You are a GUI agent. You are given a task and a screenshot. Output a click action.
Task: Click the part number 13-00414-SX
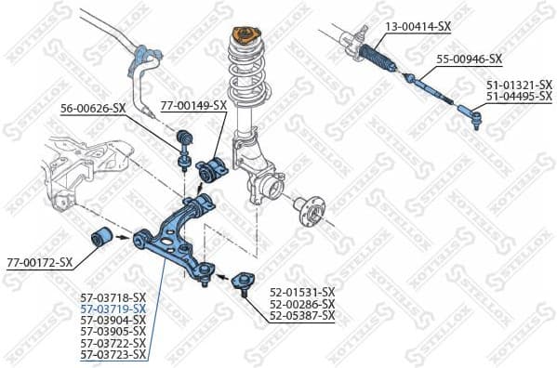click(418, 26)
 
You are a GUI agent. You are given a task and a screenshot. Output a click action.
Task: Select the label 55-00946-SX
click(470, 59)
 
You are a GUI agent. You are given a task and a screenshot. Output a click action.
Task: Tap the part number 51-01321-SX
click(519, 85)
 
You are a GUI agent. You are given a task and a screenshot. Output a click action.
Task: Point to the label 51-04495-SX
click(519, 96)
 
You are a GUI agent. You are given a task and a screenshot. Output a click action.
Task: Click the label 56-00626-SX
click(92, 108)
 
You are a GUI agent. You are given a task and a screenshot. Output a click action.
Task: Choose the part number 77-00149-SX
click(193, 105)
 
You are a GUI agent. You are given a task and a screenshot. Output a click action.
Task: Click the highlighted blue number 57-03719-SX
click(113, 309)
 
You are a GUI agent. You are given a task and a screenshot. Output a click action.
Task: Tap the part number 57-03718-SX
click(113, 297)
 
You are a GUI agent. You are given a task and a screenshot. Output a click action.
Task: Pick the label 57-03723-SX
click(113, 354)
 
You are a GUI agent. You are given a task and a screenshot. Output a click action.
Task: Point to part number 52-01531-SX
click(302, 293)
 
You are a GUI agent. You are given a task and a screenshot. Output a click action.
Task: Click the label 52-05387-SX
click(302, 316)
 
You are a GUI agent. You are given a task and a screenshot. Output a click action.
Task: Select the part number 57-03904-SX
click(113, 320)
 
